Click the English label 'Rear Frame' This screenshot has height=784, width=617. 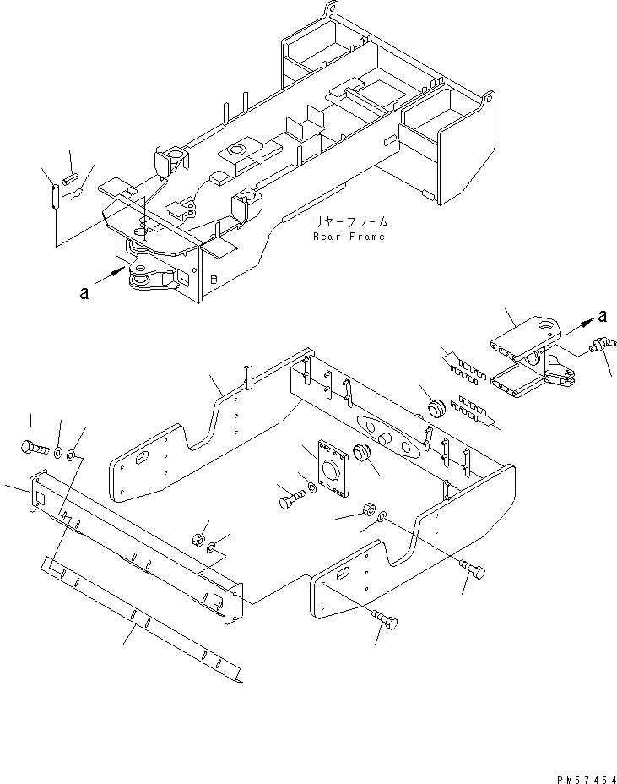(x=349, y=237)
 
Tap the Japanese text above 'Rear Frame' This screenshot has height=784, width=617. (x=351, y=222)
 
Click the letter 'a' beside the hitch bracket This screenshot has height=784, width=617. (x=601, y=316)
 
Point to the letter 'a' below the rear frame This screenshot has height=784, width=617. (x=83, y=293)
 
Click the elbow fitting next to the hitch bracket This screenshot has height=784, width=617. (x=600, y=346)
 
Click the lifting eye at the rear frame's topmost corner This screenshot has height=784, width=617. (x=328, y=10)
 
